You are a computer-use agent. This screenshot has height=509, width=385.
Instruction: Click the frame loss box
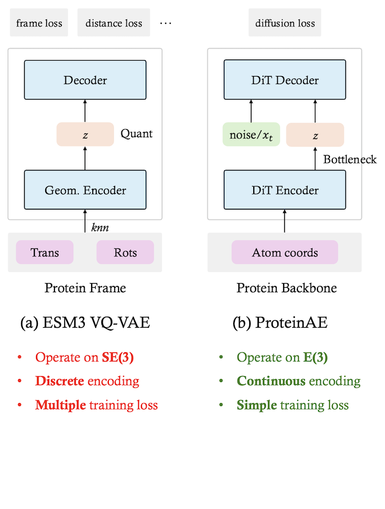(x=39, y=23)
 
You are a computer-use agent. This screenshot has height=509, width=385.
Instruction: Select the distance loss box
(x=113, y=23)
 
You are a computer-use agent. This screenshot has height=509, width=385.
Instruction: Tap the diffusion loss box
(x=285, y=23)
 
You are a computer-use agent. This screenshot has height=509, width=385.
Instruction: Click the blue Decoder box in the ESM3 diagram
(x=85, y=80)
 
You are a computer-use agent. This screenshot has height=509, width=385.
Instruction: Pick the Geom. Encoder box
(x=85, y=190)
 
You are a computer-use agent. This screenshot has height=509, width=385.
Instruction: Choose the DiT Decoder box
(x=284, y=80)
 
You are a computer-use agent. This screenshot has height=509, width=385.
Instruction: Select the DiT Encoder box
(x=284, y=190)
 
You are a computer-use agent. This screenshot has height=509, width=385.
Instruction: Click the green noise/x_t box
(x=251, y=134)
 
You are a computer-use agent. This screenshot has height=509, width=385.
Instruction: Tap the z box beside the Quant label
(x=85, y=134)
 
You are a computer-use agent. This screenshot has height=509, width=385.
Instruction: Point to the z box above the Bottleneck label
(x=315, y=134)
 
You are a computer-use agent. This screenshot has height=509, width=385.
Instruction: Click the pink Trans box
(x=45, y=252)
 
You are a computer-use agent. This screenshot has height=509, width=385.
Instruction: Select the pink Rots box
(x=125, y=252)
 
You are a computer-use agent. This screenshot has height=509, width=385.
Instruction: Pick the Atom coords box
(x=284, y=252)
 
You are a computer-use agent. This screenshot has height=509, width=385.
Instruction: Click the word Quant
(x=136, y=134)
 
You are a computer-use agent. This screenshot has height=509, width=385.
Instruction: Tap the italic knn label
(x=99, y=227)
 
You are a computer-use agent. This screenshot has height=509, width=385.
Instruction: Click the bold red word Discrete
(x=60, y=381)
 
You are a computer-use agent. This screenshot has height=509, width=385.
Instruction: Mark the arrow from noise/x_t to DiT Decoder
(x=251, y=110)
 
